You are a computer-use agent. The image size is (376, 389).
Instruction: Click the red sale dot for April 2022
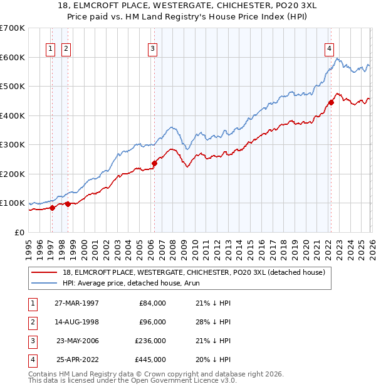(330, 102)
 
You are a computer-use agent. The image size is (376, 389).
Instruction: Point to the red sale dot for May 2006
(154, 163)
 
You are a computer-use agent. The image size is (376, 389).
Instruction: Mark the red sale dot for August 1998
(68, 204)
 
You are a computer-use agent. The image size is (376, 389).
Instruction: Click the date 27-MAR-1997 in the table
(76, 303)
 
